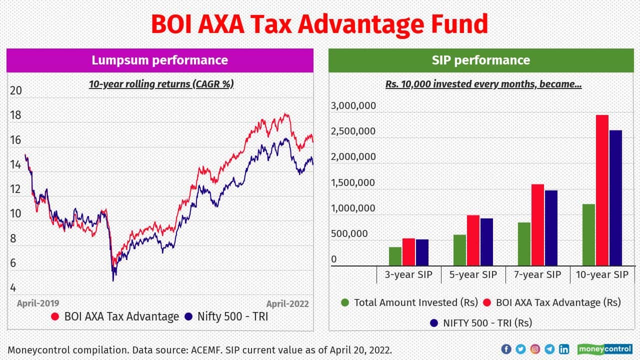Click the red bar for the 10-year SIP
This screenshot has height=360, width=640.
point(602,190)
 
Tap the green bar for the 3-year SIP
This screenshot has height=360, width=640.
point(395,256)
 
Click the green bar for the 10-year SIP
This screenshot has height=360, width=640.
point(588,234)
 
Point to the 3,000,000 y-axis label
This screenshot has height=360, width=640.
point(353,106)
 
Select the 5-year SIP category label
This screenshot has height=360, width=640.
point(473,274)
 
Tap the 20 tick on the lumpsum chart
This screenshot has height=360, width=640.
point(16,90)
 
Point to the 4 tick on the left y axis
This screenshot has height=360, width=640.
point(13,287)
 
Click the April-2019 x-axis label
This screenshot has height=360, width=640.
point(38,303)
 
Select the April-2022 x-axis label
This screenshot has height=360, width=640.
point(287,303)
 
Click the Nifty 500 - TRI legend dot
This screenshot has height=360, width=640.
point(188,316)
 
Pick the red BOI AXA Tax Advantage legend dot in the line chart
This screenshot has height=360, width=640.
point(55,316)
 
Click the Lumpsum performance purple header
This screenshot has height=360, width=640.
point(159,60)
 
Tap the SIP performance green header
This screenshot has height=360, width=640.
point(480,60)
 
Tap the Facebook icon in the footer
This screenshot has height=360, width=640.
point(505,349)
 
